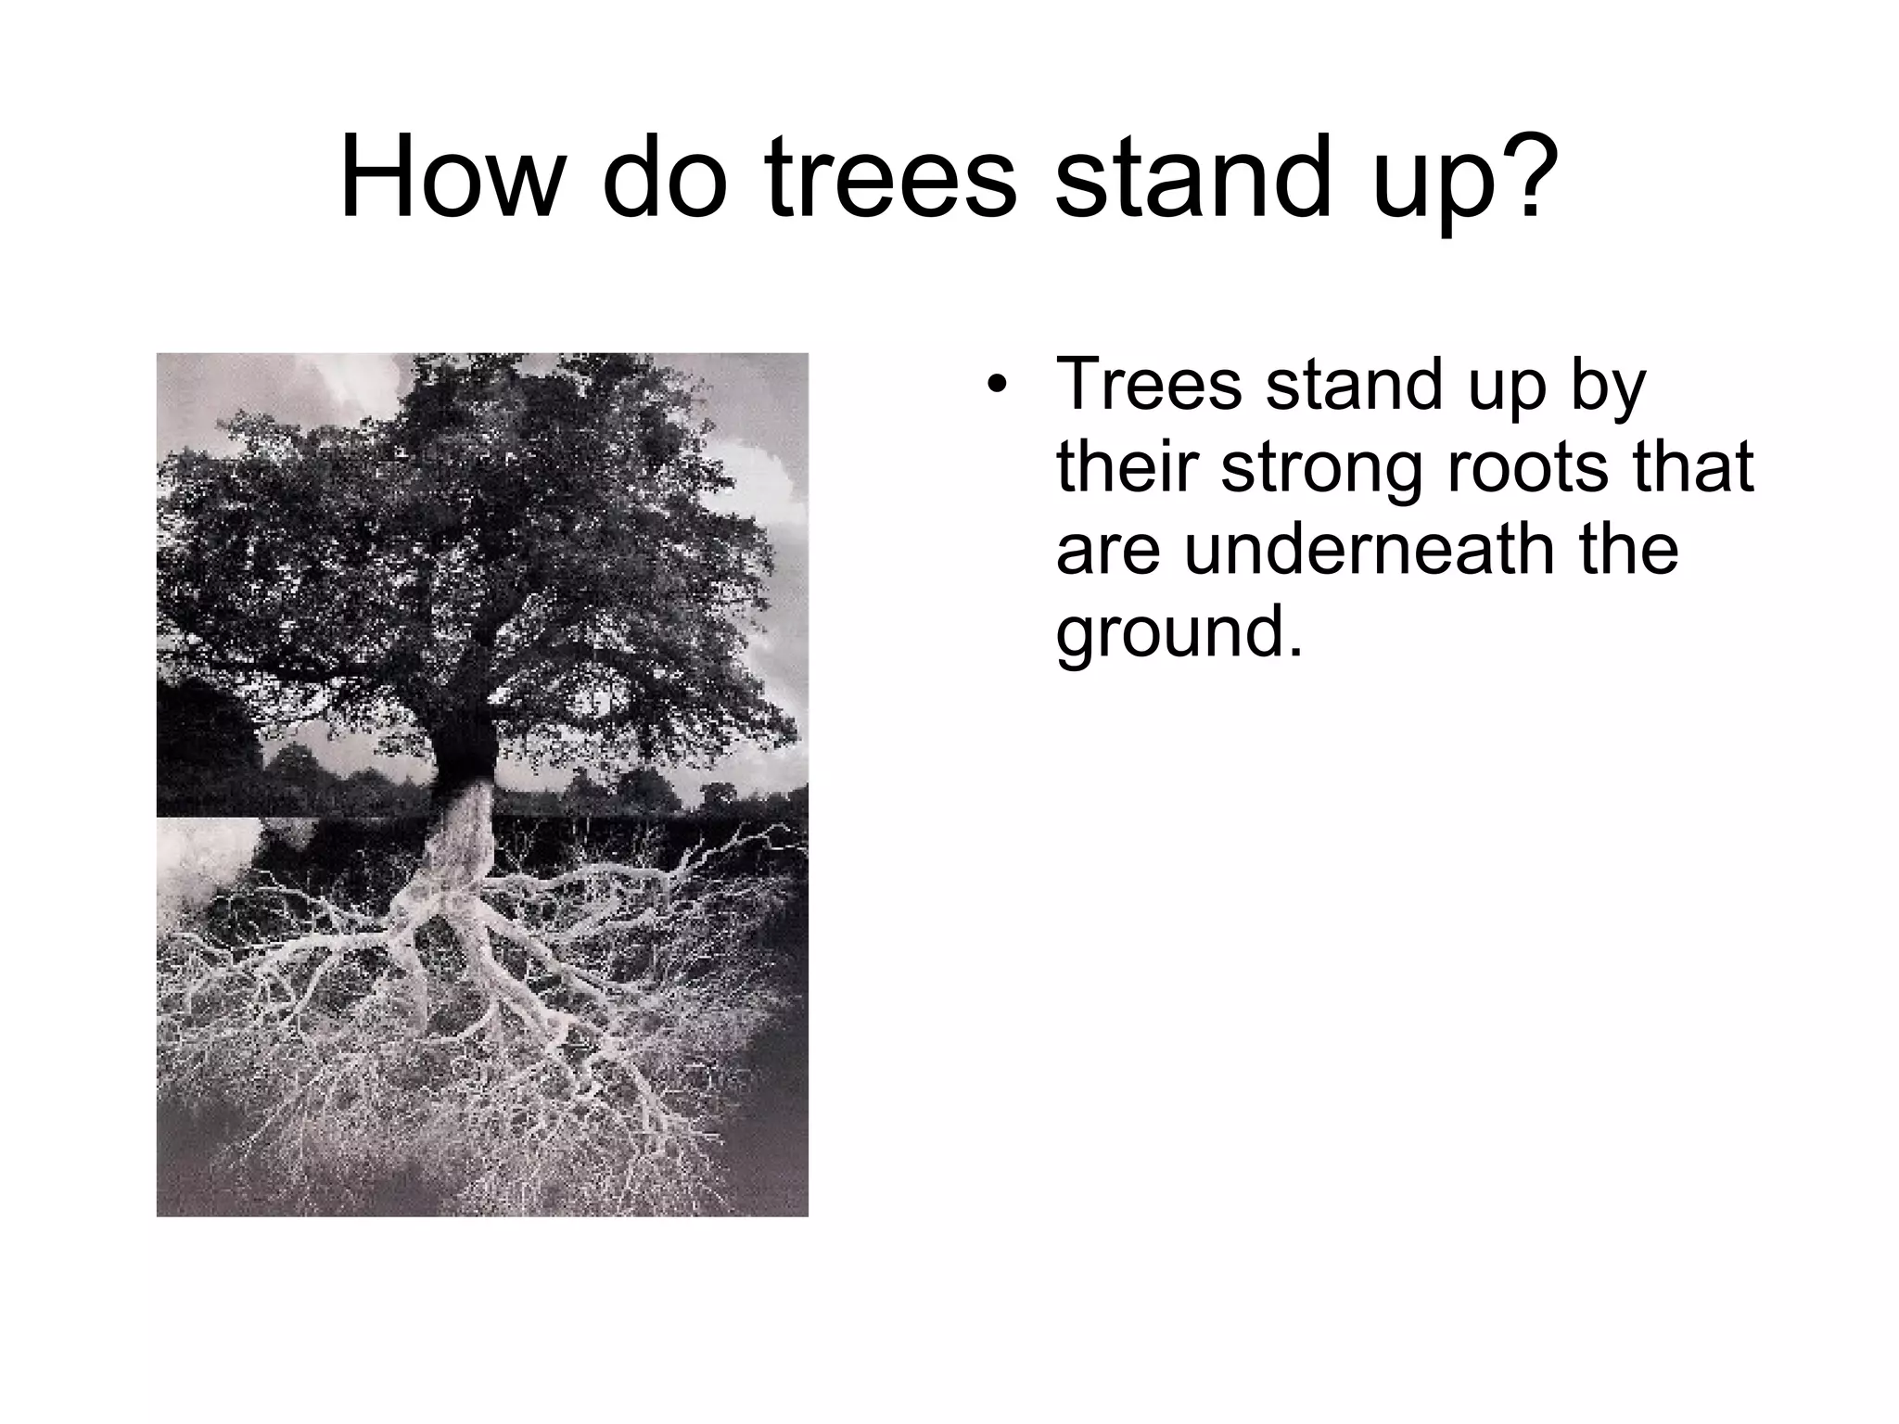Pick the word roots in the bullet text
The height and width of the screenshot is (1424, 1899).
point(1529,467)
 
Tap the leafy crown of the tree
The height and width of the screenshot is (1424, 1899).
point(464,519)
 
